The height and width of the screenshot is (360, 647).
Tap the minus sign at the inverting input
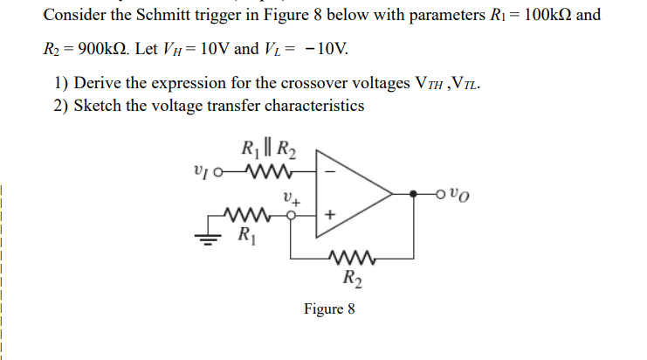[x=329, y=171]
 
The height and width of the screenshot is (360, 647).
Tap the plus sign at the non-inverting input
[x=329, y=213]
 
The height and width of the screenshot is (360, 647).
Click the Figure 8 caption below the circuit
[x=329, y=309]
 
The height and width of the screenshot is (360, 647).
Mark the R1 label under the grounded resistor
[x=247, y=234]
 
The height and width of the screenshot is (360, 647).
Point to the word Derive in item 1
[x=97, y=85]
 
